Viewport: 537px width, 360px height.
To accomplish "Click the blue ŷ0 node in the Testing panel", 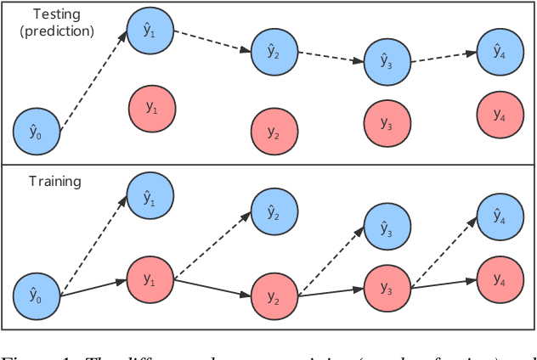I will point(36,132).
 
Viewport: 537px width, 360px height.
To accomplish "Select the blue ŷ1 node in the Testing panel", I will point(150,31).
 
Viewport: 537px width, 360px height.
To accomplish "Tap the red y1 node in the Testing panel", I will point(151,108).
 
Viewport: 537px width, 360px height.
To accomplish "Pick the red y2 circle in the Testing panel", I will point(274,132).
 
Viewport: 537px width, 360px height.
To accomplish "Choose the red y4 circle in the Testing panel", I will point(499,112).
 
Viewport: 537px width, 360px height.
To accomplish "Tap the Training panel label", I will point(54,181).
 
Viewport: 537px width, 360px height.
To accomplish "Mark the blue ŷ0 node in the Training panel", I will point(36,296).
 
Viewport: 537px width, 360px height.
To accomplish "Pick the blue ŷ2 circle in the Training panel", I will point(274,212).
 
